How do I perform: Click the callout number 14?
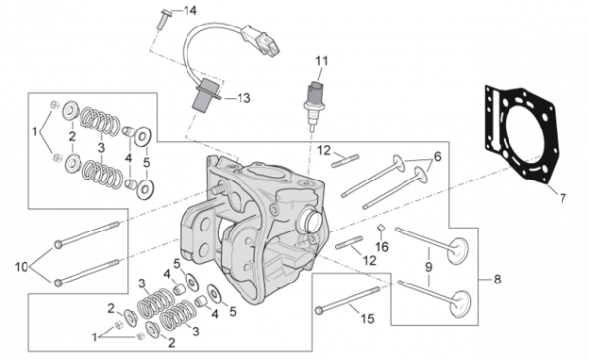coord(190,10)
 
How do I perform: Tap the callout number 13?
coord(243,98)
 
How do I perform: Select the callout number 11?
coord(322,61)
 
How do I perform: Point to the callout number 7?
coord(562,198)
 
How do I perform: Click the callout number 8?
coord(497,280)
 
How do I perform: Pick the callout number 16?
coord(382,247)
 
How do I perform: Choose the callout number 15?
coord(368,319)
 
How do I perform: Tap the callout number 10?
coord(22,267)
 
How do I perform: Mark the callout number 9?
coord(429,267)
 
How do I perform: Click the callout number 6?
coord(437,156)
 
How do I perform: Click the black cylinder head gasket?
coord(520,137)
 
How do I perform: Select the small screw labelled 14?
coord(163,18)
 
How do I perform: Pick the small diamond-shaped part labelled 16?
coord(380,228)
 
